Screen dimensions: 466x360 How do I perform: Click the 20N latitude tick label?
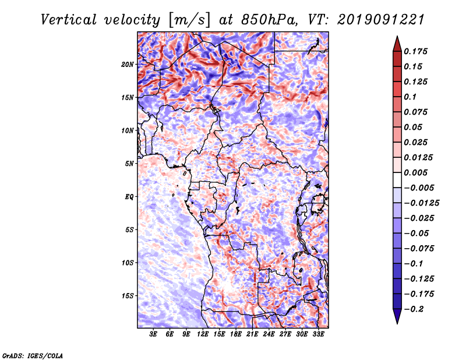[128, 65]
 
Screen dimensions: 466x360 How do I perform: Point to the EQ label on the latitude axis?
[129, 197]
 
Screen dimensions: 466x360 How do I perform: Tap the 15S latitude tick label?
[128, 296]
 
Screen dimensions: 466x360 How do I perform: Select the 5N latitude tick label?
[129, 164]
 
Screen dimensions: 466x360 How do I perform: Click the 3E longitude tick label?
[153, 334]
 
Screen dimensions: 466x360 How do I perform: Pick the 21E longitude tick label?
[252, 334]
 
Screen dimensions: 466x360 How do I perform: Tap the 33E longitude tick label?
[318, 334]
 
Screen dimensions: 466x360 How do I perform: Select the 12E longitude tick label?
[203, 334]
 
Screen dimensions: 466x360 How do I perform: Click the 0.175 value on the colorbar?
[415, 51]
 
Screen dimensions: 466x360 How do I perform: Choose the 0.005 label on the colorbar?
[415, 172]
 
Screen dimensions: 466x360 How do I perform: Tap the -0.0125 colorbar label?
[421, 203]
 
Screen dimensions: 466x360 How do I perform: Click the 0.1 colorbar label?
[410, 97]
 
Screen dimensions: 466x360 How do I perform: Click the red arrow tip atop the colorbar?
[397, 36]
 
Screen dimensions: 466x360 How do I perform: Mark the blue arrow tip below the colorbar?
[397, 323]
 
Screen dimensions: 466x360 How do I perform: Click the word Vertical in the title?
[68, 20]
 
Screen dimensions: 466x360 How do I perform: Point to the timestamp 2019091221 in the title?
[381, 20]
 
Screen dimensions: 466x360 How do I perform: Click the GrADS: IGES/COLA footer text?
[33, 355]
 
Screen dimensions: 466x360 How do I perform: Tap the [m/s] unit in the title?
[189, 20]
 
